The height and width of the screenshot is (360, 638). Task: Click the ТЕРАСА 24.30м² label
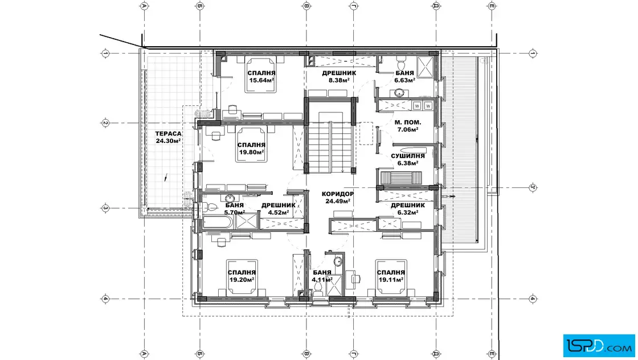click(168, 137)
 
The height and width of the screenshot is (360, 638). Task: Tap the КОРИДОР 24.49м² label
click(338, 198)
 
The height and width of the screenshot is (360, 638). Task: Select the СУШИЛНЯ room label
click(408, 156)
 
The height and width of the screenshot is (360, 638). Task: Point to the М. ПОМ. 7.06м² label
click(408, 126)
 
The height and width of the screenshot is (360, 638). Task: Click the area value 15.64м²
click(261, 80)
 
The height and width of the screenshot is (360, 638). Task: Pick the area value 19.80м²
click(251, 152)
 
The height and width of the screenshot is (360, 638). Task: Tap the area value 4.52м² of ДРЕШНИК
click(279, 212)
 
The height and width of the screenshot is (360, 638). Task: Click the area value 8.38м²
click(339, 80)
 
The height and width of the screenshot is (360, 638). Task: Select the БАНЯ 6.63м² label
click(404, 76)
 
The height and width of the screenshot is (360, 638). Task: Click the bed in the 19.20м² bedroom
click(242, 277)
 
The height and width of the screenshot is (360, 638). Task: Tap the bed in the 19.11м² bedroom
click(391, 277)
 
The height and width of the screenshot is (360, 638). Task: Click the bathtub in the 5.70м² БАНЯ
click(218, 223)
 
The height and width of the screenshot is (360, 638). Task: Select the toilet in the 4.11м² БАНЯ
click(318, 288)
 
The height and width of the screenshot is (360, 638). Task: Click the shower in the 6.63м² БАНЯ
click(426, 66)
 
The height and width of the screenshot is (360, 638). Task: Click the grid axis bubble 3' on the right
click(533, 187)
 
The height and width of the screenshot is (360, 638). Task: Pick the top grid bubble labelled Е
click(492, 6)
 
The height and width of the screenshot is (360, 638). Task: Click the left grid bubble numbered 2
click(105, 123)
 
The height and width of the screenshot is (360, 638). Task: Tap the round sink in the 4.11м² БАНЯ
click(338, 260)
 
